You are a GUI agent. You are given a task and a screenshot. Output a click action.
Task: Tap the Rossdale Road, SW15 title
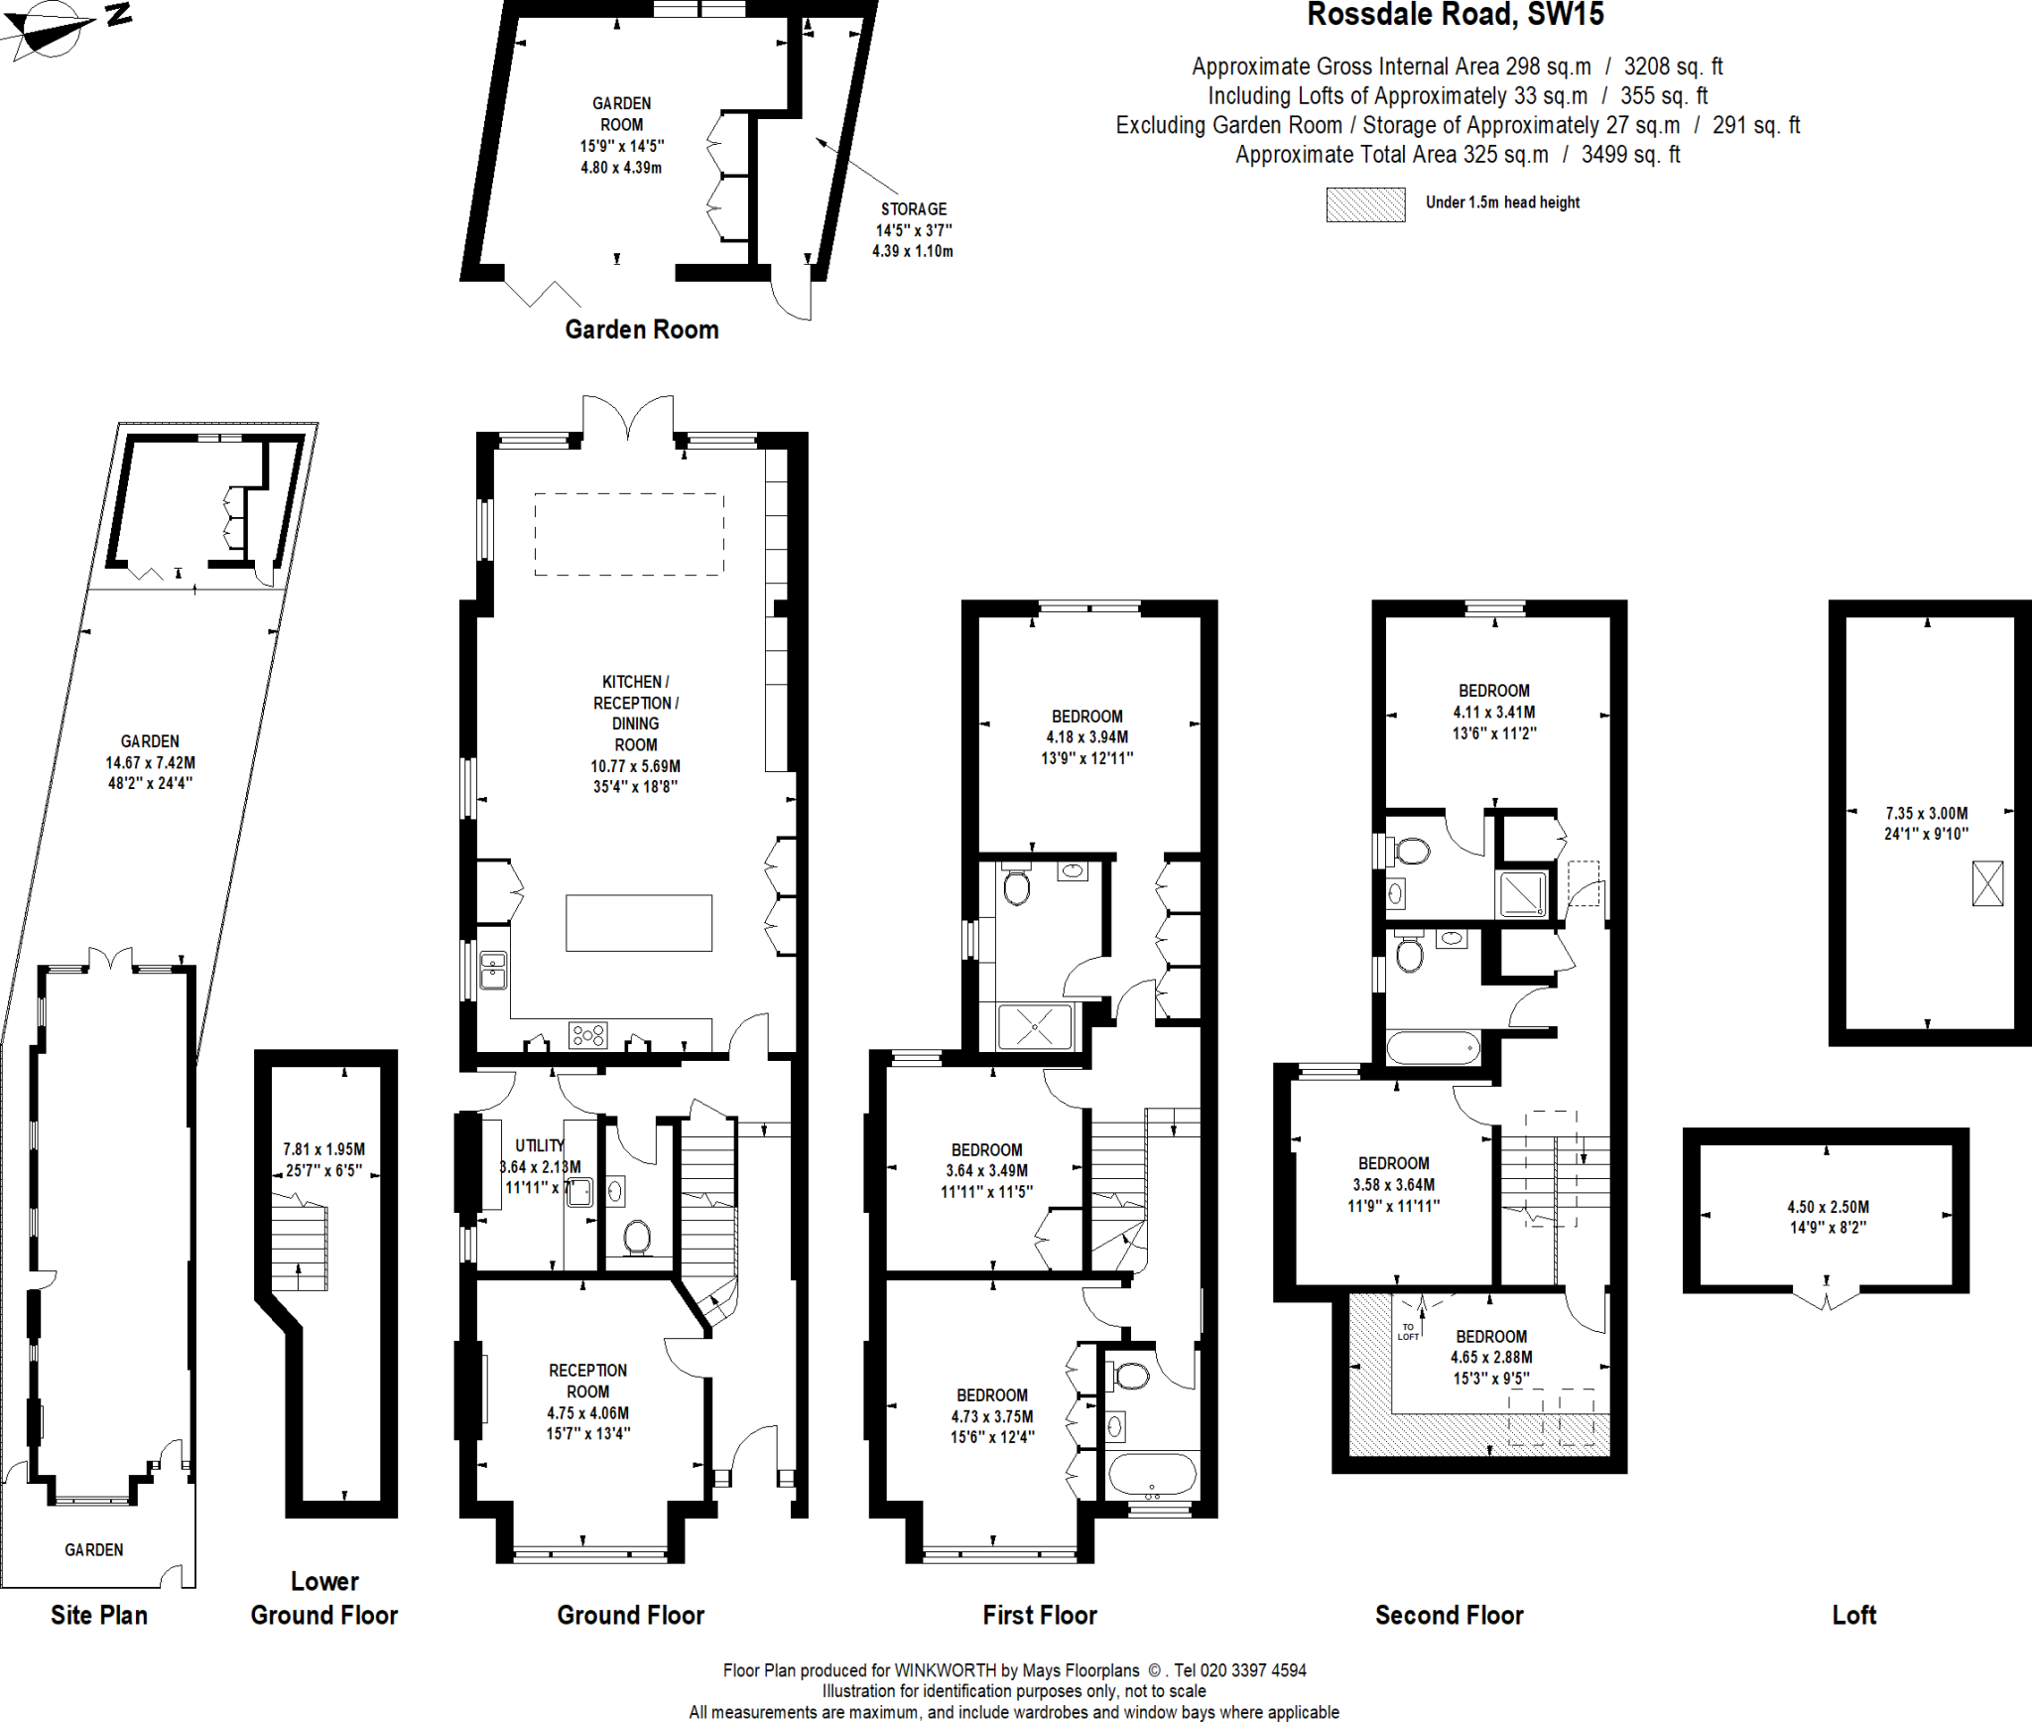(1455, 15)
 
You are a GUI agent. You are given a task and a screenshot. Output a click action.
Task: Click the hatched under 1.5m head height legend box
(1365, 204)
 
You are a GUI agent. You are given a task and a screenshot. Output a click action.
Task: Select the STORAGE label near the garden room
(913, 209)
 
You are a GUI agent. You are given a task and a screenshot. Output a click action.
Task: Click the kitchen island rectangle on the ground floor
(638, 923)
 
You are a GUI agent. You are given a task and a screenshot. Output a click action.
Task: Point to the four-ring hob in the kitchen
(587, 1035)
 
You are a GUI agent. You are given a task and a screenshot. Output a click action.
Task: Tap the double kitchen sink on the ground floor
(493, 971)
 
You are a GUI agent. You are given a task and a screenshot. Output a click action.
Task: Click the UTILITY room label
(539, 1145)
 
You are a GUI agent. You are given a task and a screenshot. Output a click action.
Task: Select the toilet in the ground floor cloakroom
(636, 1237)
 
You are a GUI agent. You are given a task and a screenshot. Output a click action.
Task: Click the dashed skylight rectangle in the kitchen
(628, 534)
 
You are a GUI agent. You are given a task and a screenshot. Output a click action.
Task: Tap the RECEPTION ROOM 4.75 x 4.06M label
(587, 1401)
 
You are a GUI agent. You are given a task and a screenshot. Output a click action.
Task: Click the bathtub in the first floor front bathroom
(1151, 1475)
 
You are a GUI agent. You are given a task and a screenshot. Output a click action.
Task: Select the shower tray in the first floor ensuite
(1035, 1027)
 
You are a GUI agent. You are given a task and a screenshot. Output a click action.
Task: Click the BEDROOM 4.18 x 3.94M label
(1087, 736)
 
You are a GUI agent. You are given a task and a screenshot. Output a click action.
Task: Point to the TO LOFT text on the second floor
(1408, 1332)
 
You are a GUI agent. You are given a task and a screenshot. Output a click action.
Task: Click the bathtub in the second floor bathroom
(1433, 1047)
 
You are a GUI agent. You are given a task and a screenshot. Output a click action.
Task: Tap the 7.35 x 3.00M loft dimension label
(1926, 823)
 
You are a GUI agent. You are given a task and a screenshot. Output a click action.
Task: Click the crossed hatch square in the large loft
(1987, 883)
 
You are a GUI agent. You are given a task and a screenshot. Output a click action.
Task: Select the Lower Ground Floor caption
(323, 1599)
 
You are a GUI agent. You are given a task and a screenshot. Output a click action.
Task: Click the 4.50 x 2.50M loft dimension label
(1828, 1217)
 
